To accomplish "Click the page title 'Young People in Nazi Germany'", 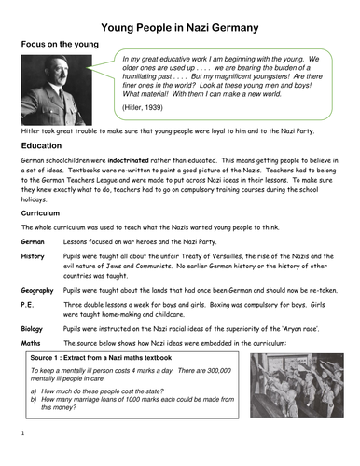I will (179, 17).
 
